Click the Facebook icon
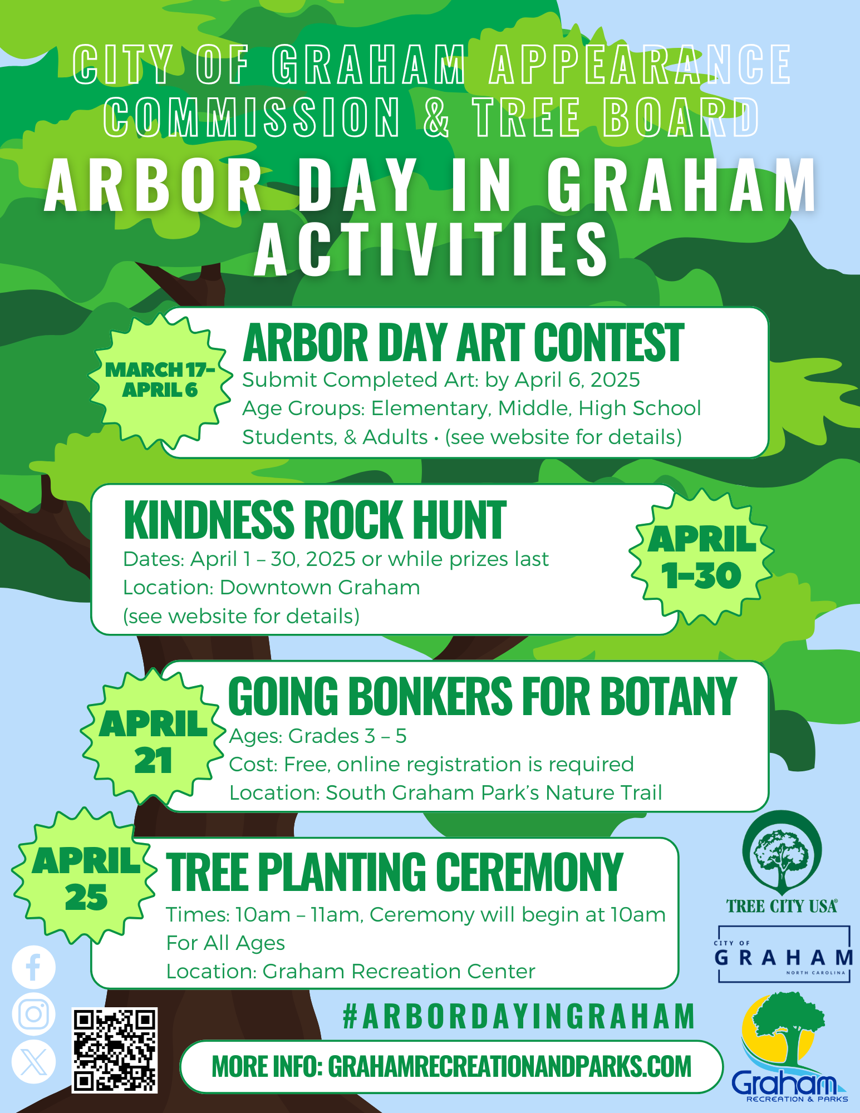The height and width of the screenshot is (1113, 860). (x=33, y=967)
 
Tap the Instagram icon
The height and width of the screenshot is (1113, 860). (x=33, y=1014)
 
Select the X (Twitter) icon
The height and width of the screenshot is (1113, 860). (x=33, y=1062)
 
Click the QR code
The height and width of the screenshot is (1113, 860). (x=115, y=1050)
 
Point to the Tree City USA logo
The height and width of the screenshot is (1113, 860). (x=782, y=863)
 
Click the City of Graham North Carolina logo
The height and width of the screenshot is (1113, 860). (x=784, y=954)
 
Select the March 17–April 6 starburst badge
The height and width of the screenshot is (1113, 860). (x=160, y=381)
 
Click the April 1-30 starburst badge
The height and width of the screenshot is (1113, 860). (x=702, y=557)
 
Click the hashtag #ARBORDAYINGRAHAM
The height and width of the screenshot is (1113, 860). (x=519, y=1016)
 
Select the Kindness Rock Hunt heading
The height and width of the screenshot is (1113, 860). (x=314, y=520)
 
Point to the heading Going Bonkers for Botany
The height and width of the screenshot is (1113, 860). (x=483, y=696)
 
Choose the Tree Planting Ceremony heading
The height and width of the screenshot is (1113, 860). (x=394, y=873)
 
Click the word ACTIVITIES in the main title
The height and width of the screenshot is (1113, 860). (x=431, y=249)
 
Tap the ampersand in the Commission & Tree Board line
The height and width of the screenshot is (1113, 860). (x=436, y=117)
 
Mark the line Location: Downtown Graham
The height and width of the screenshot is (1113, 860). (x=272, y=588)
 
